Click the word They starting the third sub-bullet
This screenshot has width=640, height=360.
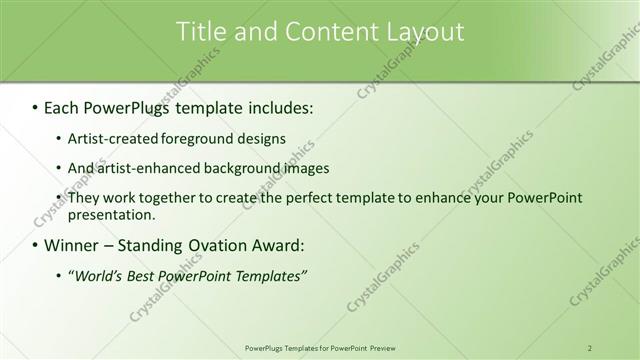[x=85, y=198]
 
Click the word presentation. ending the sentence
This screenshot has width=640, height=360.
[x=112, y=215]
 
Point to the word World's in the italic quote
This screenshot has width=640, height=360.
[x=98, y=276]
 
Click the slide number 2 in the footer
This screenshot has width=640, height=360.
[x=590, y=347]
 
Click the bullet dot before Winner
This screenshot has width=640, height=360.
[x=35, y=246]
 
